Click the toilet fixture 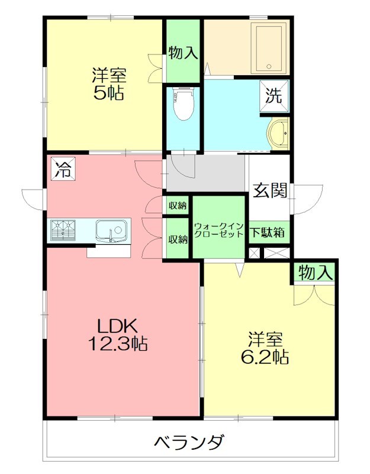tap(184, 104)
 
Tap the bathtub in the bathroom tap(269, 48)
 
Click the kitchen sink tap(111, 229)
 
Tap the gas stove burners tap(64, 229)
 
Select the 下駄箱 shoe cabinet tap(268, 232)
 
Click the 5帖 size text tap(108, 93)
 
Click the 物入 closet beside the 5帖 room tap(183, 52)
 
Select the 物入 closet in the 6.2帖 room tap(315, 273)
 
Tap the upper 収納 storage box tap(177, 206)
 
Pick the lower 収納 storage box tap(177, 239)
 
